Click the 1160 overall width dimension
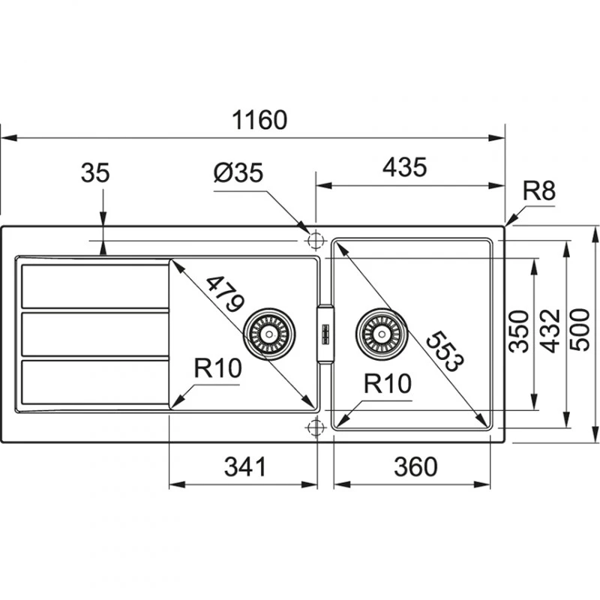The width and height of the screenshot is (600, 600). point(259,119)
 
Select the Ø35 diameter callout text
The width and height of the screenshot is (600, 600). point(238,173)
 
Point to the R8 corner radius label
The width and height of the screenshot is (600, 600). point(538,191)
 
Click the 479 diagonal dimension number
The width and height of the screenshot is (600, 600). point(224,294)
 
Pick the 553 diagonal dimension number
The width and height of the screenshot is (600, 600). point(442,351)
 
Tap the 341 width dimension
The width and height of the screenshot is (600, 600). point(245,466)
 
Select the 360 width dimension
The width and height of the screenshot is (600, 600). point(415,466)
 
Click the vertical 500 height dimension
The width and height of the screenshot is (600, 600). point(582,329)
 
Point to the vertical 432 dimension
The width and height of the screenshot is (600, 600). point(550,329)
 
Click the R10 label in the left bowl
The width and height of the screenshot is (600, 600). point(217,367)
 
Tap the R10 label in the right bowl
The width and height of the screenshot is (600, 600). point(388,384)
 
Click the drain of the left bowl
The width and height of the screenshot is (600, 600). point(268,333)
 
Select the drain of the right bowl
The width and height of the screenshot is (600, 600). point(382,332)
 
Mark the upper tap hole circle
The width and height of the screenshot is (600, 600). point(315,240)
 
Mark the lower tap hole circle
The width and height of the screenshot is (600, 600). point(315,427)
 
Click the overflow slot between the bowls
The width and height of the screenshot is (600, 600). point(325,334)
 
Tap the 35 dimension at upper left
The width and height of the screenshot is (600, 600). point(95,173)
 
